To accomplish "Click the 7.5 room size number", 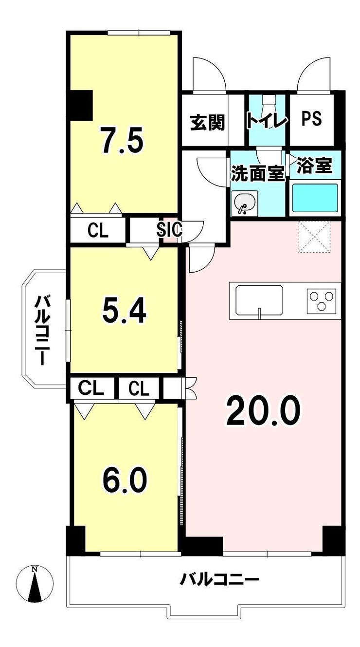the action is coord(121,140).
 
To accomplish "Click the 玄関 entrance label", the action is coord(208,123).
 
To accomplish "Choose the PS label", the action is coord(311,119).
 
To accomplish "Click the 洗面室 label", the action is coord(258,173).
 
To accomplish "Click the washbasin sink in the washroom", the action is coord(244,203).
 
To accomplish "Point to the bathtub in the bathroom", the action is coord(315,198).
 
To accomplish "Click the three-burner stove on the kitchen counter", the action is coord(321,301).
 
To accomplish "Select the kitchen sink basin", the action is coord(259,300).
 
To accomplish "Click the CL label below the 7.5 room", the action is coord(98,231).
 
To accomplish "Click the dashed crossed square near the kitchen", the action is coord(314,236).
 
